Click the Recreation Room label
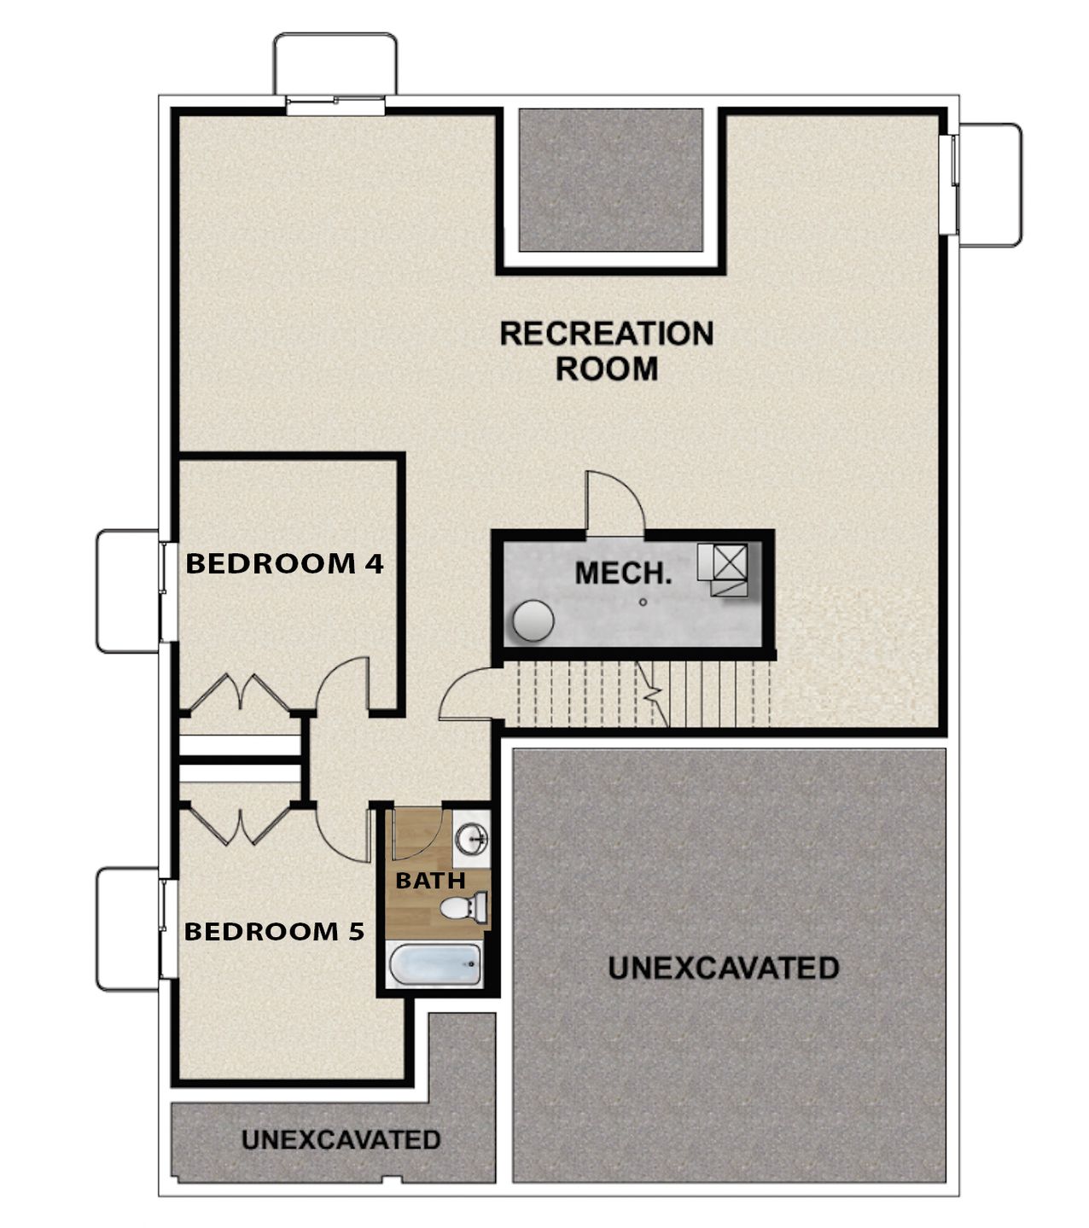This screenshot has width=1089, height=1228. point(606,351)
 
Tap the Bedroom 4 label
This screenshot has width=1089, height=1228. point(284,563)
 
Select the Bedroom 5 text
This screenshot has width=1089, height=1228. point(274,931)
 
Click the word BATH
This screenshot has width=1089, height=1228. point(430,880)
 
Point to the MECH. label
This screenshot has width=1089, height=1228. point(622,573)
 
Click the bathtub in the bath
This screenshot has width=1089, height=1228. point(435,965)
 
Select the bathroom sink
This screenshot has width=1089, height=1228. point(470,839)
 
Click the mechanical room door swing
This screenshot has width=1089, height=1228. point(614,503)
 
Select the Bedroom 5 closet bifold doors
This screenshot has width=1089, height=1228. point(242,825)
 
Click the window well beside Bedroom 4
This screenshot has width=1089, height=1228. point(127,591)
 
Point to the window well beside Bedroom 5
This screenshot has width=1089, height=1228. point(127,928)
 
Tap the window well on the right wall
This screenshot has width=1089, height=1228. point(990,185)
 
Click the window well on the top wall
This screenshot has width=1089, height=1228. point(335,65)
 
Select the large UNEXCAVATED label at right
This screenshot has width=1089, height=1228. point(724,968)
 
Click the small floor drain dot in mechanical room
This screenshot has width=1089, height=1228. point(643,602)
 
